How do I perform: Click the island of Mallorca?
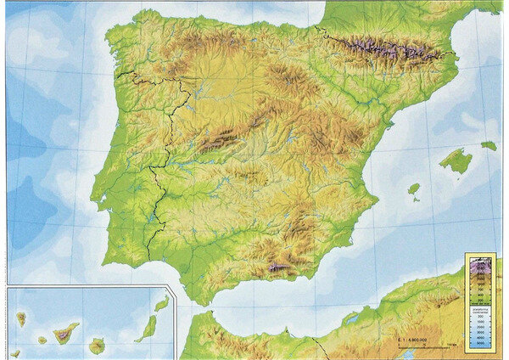click(x=456, y=160)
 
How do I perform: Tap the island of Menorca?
click(x=489, y=145)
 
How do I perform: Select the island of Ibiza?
click(x=413, y=189)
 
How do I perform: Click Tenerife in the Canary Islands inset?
click(x=66, y=332)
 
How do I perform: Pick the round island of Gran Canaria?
click(x=98, y=345)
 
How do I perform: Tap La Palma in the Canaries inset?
click(x=21, y=318)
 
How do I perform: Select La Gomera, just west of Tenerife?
click(x=42, y=340)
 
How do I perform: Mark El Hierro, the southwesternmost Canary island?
click(x=16, y=352)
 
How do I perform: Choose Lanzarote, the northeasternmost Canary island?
click(x=161, y=303)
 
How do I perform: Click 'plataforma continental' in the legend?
click(x=480, y=309)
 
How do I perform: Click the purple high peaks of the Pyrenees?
click(x=382, y=48)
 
